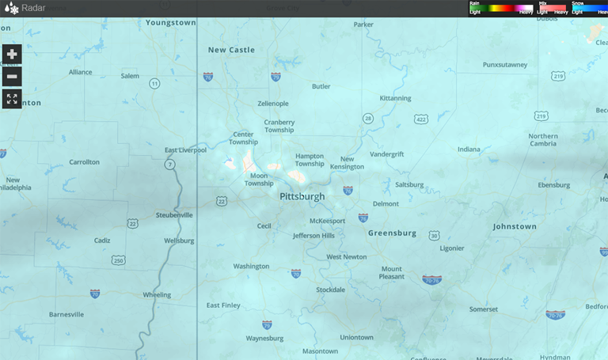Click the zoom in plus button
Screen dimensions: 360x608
click(x=12, y=55)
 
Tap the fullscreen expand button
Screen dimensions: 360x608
click(x=12, y=99)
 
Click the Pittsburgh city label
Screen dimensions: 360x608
click(x=302, y=195)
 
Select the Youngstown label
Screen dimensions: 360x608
click(x=170, y=23)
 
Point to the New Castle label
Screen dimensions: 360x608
click(x=231, y=50)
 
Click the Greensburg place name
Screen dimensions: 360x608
click(x=392, y=233)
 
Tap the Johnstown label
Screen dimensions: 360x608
click(x=514, y=226)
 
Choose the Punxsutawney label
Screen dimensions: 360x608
click(x=509, y=64)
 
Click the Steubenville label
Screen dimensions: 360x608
click(x=174, y=214)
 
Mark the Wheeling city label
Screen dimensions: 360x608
click(x=156, y=294)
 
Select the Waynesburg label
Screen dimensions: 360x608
click(x=264, y=338)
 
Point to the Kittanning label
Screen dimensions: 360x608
click(x=396, y=98)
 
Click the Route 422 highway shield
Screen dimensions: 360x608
click(x=421, y=119)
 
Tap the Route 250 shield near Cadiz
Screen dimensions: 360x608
click(x=119, y=260)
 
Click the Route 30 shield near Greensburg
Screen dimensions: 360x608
click(x=434, y=235)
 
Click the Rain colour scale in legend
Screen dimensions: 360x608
click(x=500, y=8)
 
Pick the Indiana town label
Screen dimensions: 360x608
click(x=469, y=149)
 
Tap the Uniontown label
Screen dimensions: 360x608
click(x=356, y=337)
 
